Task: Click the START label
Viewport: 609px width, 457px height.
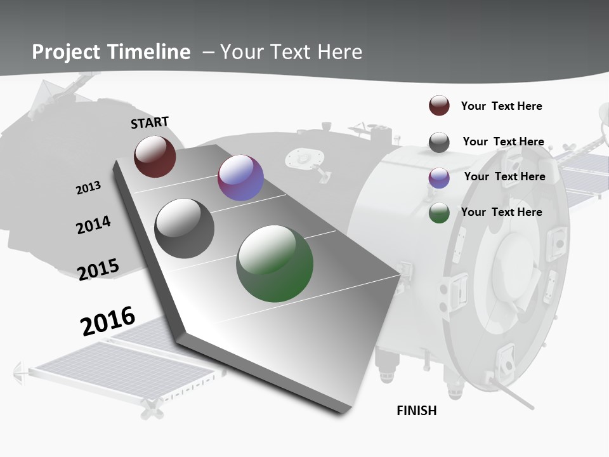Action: [x=150, y=123]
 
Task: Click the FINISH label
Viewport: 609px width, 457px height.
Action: [x=417, y=411]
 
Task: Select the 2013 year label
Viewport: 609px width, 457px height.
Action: [x=88, y=188]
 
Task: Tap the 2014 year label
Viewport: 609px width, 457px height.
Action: [x=93, y=225]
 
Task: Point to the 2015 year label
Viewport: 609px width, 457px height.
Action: [x=98, y=269]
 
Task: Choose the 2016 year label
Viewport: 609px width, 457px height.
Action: [x=108, y=321]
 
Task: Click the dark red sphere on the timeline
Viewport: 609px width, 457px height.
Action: [x=155, y=156]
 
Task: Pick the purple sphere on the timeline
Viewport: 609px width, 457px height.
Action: [x=240, y=178]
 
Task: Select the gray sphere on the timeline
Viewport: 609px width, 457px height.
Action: [x=185, y=228]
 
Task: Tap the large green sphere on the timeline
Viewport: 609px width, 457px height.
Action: [x=275, y=263]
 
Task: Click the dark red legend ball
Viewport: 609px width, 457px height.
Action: [x=439, y=106]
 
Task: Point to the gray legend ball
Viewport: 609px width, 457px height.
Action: [x=439, y=142]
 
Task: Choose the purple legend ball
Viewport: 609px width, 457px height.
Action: [x=439, y=178]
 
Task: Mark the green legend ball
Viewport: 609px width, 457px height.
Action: [x=439, y=213]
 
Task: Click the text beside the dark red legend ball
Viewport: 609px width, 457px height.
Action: [x=501, y=106]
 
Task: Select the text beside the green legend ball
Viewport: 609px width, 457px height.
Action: [x=501, y=212]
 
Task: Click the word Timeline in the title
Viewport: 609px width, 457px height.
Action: [x=150, y=52]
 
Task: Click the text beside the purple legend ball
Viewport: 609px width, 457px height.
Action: [x=504, y=176]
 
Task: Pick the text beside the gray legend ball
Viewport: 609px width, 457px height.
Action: [x=503, y=142]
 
